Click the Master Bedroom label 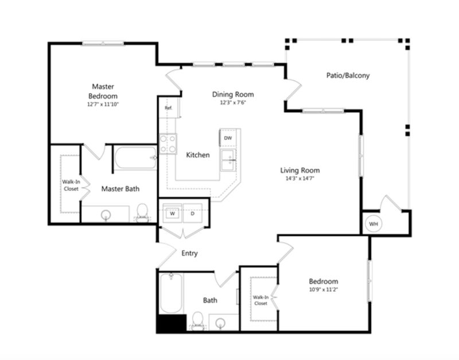click(103, 91)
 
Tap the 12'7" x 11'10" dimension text click(103, 104)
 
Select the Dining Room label click(233, 94)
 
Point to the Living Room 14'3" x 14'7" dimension click(300, 178)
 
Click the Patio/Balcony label click(348, 75)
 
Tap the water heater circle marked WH click(374, 224)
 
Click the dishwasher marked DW click(228, 138)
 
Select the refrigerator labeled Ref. click(169, 108)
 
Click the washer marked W click(173, 213)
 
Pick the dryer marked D click(193, 213)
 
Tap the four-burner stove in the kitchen click(168, 144)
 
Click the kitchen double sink click(228, 160)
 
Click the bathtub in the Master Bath click(135, 158)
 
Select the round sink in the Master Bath click(106, 215)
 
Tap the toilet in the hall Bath click(197, 321)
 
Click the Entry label click(189, 253)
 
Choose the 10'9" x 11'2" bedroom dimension click(324, 290)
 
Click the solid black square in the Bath click(172, 323)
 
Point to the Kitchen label click(198, 154)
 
